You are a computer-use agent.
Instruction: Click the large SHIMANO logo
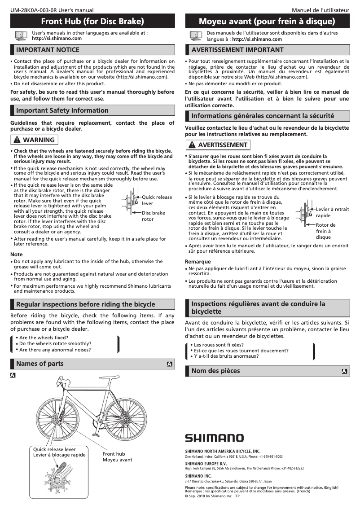[214, 438]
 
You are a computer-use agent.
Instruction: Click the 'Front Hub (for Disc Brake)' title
[92, 21]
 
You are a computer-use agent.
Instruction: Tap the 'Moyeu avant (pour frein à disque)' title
[267, 21]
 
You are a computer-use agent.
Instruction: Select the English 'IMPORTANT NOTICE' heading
[48, 49]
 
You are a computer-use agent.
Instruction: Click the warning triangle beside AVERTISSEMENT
[192, 145]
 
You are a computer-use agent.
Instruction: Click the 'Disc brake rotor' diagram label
[153, 216]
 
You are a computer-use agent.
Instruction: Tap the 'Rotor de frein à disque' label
[325, 231]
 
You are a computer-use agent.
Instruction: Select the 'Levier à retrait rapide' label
[332, 212]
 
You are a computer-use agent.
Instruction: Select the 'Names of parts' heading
[40, 364]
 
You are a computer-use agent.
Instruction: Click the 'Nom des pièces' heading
[215, 371]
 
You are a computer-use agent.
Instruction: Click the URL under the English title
[57, 39]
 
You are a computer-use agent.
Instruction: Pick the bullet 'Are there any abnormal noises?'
[55, 350]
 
